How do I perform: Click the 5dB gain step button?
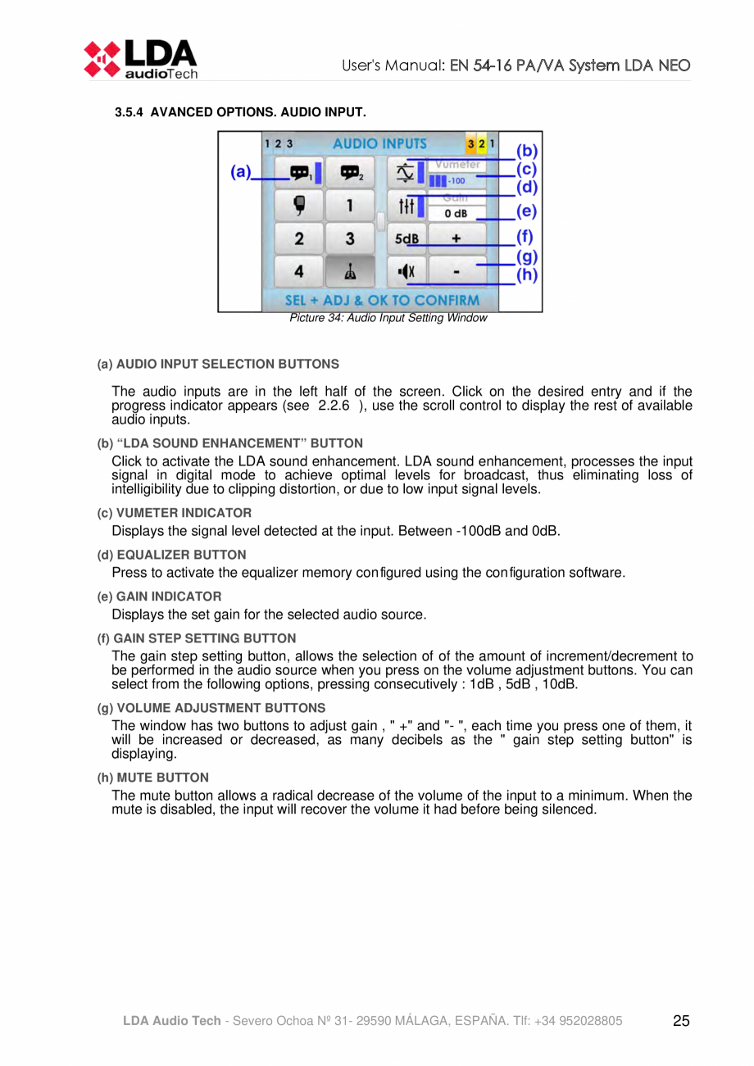(x=407, y=239)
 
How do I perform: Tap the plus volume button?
(x=456, y=239)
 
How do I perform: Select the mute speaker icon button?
(x=407, y=270)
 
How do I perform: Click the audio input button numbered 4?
(x=299, y=270)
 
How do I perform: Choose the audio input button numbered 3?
(x=350, y=239)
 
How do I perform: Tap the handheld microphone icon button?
(x=299, y=205)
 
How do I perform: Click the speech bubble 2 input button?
(x=350, y=173)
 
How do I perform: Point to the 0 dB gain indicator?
(x=456, y=214)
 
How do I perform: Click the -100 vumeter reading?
(x=456, y=180)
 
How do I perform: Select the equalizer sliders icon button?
(x=407, y=206)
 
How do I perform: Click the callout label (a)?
(x=240, y=172)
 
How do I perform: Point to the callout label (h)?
(x=527, y=275)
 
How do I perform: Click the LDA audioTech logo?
(x=140, y=58)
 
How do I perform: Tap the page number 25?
(x=680, y=1021)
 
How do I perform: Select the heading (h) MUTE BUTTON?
(x=152, y=777)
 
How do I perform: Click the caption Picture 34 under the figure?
(x=388, y=318)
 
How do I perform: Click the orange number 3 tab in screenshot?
(x=471, y=143)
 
